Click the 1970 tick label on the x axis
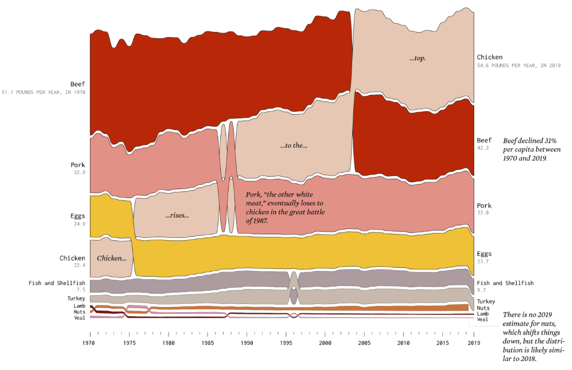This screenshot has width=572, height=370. [x=89, y=343]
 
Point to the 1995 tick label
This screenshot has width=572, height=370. [x=286, y=343]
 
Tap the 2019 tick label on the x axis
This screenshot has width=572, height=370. [x=474, y=343]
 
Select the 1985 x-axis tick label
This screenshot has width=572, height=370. [x=207, y=343]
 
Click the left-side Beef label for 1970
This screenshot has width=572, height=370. [x=77, y=84]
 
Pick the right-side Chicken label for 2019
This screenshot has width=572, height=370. [x=489, y=57]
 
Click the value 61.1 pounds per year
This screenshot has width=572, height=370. [x=43, y=92]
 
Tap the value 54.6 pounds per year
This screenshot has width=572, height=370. [x=518, y=66]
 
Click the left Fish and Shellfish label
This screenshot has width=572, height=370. [x=57, y=283]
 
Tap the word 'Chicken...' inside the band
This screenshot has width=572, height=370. [x=111, y=258]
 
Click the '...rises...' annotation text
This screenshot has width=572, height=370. [x=176, y=215]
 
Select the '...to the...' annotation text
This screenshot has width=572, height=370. [x=294, y=146]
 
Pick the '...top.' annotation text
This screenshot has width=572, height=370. [x=418, y=58]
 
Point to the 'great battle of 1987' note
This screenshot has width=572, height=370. [x=285, y=208]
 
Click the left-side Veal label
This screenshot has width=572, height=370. [x=80, y=318]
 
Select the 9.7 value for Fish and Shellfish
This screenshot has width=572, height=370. [x=481, y=290]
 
